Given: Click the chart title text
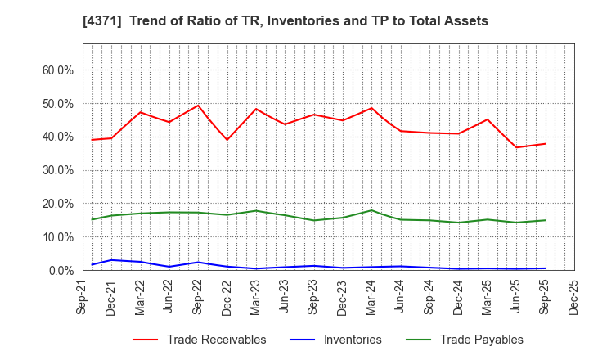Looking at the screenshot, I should (295, 21).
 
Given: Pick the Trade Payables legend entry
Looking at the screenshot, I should (470, 340).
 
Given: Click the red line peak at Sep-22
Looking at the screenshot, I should (198, 106).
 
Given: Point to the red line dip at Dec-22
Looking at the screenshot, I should (227, 140).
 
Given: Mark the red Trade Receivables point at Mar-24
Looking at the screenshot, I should (371, 108).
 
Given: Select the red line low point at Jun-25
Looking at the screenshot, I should (516, 147).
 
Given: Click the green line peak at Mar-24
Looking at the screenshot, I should (371, 210).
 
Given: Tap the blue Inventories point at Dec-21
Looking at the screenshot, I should (111, 260).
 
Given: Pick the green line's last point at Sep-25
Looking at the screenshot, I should (545, 220).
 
